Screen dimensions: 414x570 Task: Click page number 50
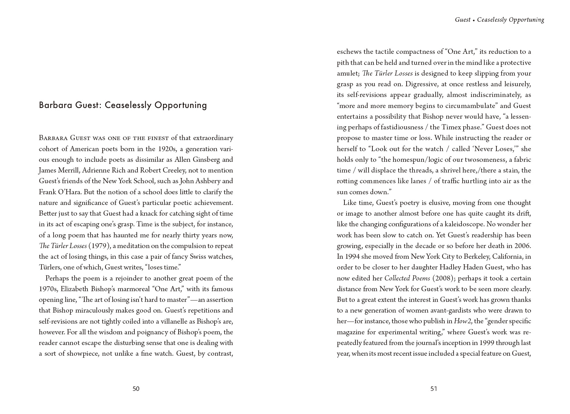pyautogui.click(x=136, y=389)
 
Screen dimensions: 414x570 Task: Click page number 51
pyautogui.click(x=434, y=389)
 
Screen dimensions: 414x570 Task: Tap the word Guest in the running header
pyautogui.click(x=463, y=20)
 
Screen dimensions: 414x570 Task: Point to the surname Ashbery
pyautogui.click(x=205, y=181)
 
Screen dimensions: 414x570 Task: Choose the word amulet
pyautogui.click(x=348, y=73)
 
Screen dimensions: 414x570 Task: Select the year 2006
pyautogui.click(x=522, y=246)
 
